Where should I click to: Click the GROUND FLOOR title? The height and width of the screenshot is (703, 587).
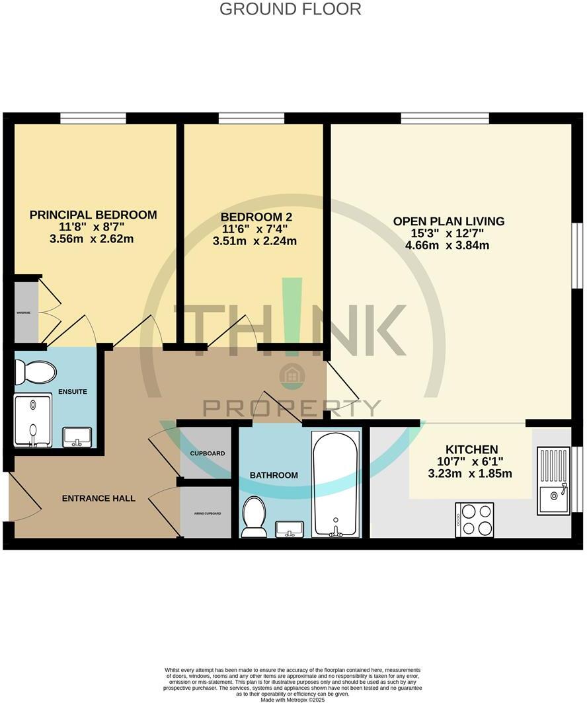pos(290,9)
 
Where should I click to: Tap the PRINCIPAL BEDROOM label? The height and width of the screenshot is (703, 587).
pos(93,215)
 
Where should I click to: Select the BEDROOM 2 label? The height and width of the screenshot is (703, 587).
pos(256,217)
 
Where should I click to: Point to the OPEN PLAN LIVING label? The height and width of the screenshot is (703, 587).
pos(449,221)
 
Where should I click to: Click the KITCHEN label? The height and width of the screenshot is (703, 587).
pos(471,449)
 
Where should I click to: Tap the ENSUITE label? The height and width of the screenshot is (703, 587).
pos(73,392)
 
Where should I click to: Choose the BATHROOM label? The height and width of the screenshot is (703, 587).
pos(274,475)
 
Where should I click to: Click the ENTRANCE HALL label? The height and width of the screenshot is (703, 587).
pos(98,498)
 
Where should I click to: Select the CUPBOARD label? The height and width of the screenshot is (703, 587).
pos(207,454)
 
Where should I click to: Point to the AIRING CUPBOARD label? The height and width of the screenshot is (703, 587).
pos(207,513)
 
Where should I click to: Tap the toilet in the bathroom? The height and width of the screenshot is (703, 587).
pos(254,516)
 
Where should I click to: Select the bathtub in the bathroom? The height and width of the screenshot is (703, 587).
pos(336,483)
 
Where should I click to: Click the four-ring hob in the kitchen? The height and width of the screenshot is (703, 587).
pos(475,519)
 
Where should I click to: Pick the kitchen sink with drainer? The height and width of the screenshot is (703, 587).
pos(553,480)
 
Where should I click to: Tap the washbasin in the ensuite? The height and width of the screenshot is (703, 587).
pos(77,437)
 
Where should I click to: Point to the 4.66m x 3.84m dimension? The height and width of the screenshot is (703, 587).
pos(448,246)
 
